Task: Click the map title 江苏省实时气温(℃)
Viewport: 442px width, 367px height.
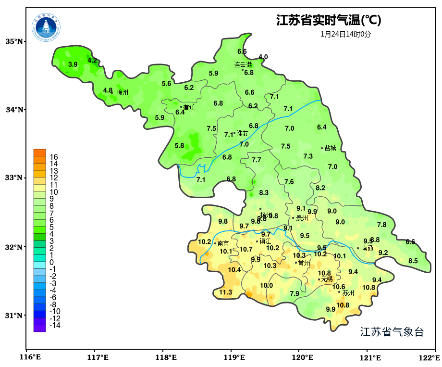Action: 329,21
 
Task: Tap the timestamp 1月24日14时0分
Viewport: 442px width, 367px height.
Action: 346,34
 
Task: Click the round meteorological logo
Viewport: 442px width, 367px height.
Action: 47,27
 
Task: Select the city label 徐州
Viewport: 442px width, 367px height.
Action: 123,92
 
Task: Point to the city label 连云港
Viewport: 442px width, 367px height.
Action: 243,64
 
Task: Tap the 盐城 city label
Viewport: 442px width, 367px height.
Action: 331,148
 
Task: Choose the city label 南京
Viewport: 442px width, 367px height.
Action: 223,244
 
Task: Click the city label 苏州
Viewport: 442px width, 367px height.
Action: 348,293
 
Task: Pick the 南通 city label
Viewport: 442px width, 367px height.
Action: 368,249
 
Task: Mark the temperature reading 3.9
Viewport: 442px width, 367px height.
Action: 73,64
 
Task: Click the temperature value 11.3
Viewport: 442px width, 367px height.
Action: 226,292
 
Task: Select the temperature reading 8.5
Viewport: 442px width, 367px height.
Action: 413,261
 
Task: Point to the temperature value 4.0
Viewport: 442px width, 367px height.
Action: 263,57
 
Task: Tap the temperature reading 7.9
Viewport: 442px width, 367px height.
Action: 295,294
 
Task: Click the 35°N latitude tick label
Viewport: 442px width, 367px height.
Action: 14,41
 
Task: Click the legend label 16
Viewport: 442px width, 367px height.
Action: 54,157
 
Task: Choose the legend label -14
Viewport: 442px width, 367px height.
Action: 55,326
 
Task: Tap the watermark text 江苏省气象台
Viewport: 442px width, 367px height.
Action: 392,332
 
